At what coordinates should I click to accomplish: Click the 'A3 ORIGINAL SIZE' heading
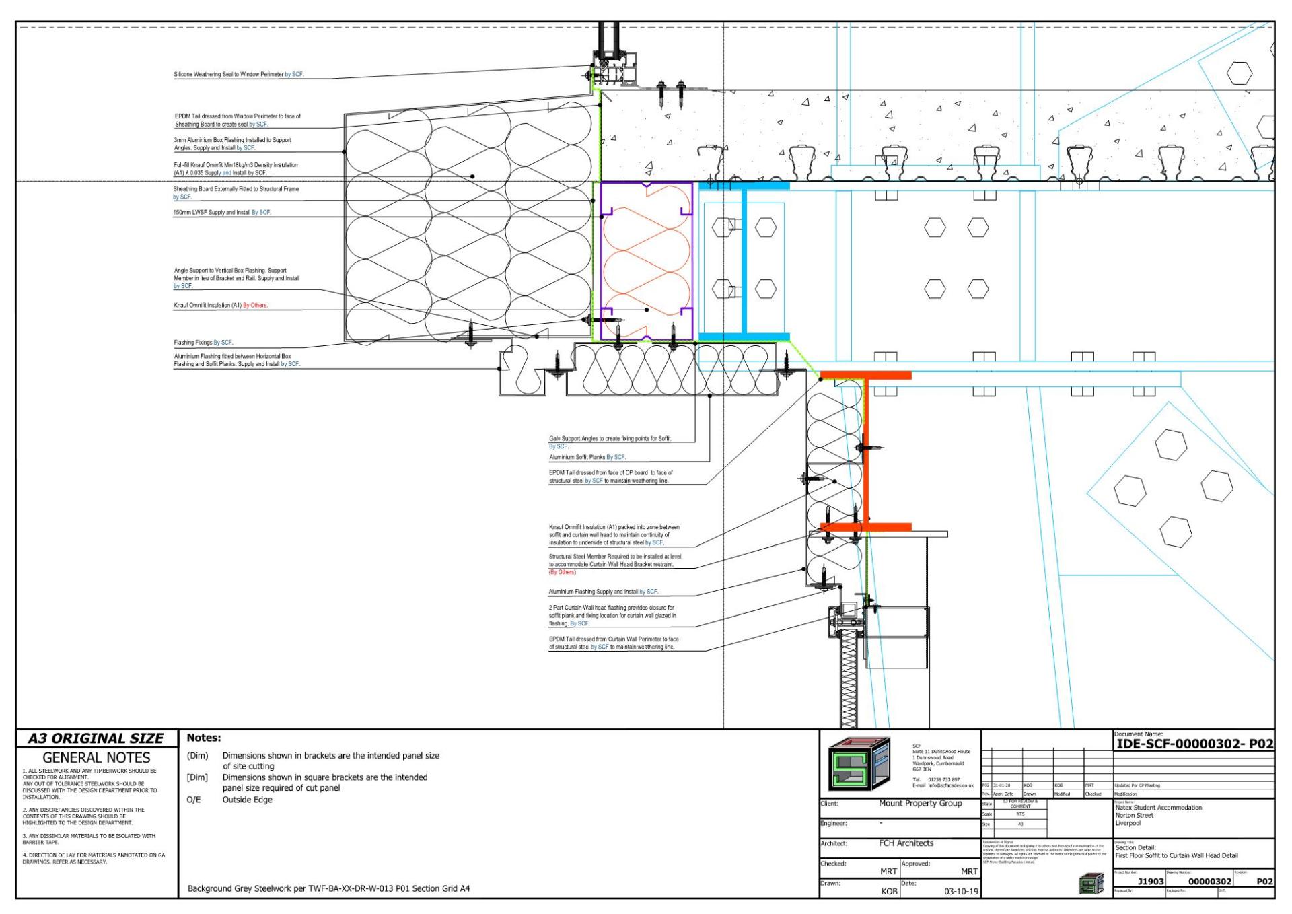96,738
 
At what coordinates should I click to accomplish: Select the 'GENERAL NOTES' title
96,758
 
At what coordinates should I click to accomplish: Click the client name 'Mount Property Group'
920,804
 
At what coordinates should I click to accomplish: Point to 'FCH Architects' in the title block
906,843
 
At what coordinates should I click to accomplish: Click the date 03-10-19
961,892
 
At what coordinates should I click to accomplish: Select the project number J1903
1150,882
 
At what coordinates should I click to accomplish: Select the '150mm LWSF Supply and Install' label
222,213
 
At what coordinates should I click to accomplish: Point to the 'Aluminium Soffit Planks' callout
587,458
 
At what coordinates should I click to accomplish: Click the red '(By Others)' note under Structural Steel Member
563,573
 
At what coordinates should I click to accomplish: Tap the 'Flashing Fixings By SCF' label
203,343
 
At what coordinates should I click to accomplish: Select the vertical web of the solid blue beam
744,261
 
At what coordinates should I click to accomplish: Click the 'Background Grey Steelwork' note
328,888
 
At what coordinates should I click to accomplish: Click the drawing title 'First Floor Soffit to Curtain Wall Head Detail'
1176,855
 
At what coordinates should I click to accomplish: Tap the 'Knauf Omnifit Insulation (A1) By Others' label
221,306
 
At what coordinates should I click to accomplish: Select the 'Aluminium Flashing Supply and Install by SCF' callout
603,592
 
